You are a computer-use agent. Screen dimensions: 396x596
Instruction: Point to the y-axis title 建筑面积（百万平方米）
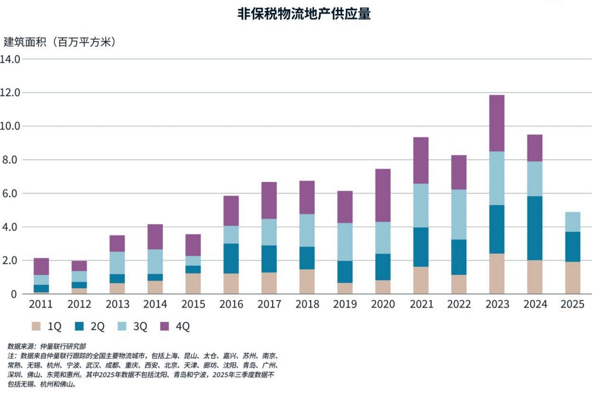point(60,42)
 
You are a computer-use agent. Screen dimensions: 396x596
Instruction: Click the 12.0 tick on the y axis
point(11,93)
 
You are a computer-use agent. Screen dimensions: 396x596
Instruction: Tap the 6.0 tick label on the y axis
point(11,194)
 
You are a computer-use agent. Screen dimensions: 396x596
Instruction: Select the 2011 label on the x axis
point(41,305)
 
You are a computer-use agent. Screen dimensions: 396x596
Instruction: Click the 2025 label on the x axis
point(572,305)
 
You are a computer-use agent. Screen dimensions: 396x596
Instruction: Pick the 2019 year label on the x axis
point(345,305)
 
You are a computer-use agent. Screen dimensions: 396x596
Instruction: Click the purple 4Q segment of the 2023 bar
point(496,123)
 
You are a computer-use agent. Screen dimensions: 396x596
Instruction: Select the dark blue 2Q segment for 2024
point(534,228)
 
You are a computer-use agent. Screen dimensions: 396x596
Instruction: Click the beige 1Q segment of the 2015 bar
point(193,283)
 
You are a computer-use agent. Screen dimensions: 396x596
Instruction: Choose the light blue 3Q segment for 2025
point(572,222)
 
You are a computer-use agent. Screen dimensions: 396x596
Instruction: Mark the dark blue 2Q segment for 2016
point(231,258)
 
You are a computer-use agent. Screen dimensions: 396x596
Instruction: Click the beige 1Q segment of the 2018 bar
point(306,282)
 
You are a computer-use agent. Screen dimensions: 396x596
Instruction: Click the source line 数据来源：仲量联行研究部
point(47,346)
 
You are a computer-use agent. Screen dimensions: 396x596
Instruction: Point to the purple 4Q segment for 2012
point(79,266)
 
